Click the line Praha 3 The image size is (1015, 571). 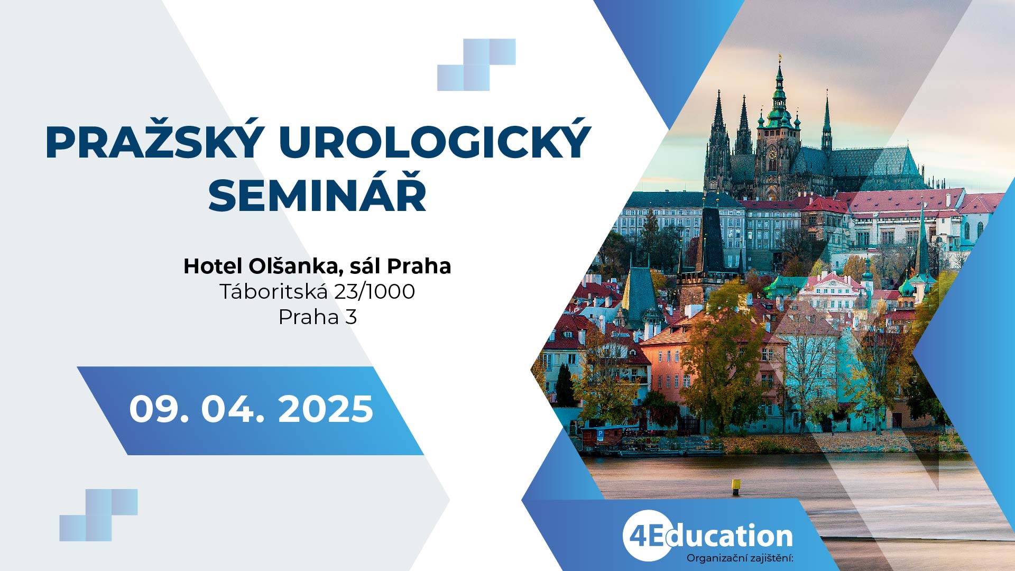318,317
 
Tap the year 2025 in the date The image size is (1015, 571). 326,409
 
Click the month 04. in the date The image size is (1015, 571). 233,409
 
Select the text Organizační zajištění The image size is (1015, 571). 740,558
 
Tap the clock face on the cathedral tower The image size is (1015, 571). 772,154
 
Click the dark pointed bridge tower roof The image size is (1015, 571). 712,238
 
